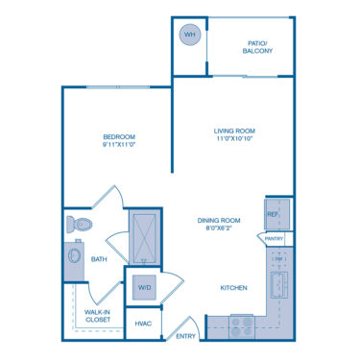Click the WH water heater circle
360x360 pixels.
tap(188, 35)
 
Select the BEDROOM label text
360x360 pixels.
tap(119, 137)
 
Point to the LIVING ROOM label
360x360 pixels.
tap(233, 131)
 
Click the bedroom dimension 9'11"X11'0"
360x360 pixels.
tap(119, 147)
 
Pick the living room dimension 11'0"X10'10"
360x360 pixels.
tap(233, 140)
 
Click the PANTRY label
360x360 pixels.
tap(274, 238)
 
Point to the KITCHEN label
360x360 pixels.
tap(234, 288)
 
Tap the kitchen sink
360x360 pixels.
tap(279, 285)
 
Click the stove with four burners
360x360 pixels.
tap(241, 326)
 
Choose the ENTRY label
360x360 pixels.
tap(186, 335)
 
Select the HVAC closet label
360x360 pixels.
tap(144, 324)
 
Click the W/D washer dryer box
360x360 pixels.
tap(144, 287)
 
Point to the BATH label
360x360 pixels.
tap(99, 258)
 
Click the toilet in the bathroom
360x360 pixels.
tap(79, 225)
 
